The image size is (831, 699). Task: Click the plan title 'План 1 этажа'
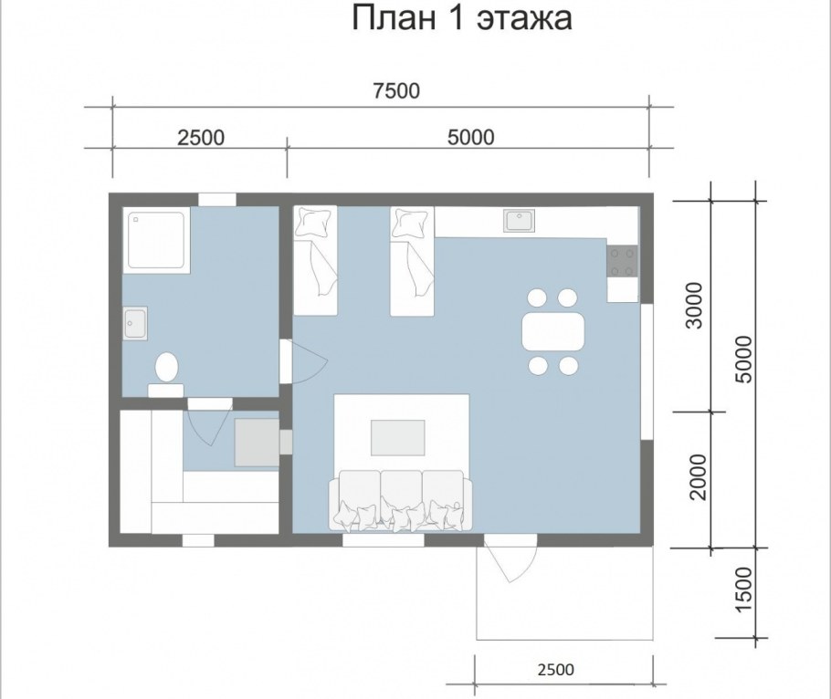461,18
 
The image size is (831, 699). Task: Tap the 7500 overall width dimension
396,90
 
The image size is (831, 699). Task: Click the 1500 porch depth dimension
744,588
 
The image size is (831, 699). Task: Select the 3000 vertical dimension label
694,305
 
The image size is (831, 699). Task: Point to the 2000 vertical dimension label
699,476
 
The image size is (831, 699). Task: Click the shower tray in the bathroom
156,240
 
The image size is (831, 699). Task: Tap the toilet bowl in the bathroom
166,367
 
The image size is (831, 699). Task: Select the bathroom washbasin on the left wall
135,323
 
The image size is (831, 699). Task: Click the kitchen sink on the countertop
520,220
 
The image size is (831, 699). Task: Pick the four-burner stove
622,262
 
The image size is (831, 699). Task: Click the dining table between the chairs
553,332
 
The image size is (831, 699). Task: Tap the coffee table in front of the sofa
398,437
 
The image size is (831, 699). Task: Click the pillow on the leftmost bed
315,222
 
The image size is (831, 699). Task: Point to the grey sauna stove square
257,443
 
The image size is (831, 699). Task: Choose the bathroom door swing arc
310,361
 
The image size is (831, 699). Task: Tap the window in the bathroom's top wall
217,199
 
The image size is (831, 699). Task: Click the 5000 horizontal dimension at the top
470,137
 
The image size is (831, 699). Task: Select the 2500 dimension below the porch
556,670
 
